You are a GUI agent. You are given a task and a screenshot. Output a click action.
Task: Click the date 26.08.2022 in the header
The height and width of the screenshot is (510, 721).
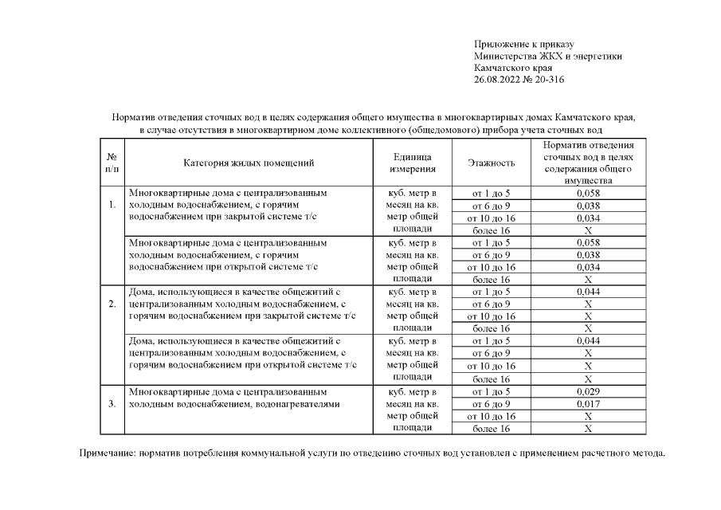(x=497, y=80)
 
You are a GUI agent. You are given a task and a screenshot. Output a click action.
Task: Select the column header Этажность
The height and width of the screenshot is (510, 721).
(x=491, y=163)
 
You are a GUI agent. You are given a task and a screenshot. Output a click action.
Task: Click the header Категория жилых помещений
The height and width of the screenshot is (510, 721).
(x=249, y=163)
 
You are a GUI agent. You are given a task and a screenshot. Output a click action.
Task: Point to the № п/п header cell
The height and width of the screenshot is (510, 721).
(x=112, y=163)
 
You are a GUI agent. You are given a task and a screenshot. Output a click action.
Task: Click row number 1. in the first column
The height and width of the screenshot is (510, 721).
(x=112, y=205)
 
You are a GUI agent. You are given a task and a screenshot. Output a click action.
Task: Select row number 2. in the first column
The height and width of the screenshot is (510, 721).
(x=112, y=304)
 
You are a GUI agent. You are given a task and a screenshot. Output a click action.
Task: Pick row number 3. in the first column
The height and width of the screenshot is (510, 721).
(x=112, y=403)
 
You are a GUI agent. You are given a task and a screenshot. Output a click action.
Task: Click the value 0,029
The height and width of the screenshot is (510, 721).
(x=588, y=391)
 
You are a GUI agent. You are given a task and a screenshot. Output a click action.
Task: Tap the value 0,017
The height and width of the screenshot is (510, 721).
(x=588, y=404)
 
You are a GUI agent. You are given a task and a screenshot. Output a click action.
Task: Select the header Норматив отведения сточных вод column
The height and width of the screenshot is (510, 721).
(x=588, y=163)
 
